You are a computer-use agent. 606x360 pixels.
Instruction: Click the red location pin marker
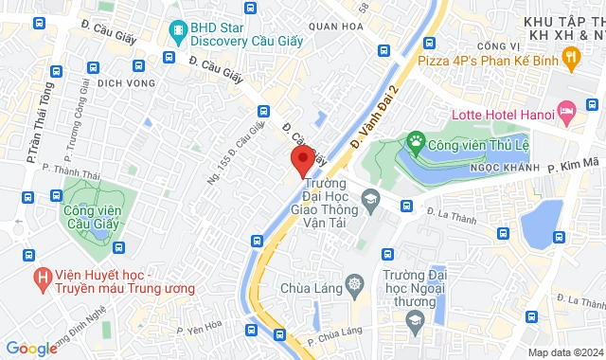click(302, 160)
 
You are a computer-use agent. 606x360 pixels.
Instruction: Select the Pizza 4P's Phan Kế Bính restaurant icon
click(570, 60)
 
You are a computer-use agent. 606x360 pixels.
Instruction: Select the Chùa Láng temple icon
click(355, 283)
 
